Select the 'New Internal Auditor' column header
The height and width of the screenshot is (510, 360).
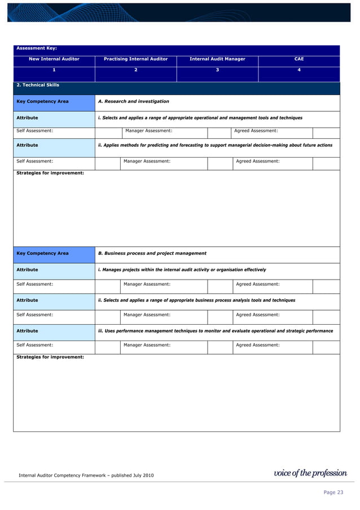[x=54, y=59]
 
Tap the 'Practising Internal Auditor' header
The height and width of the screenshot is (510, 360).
[x=135, y=59]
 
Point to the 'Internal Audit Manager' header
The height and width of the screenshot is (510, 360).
[x=217, y=59]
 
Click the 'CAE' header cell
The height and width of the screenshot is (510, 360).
[x=299, y=59]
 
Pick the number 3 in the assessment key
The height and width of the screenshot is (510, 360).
[x=217, y=70]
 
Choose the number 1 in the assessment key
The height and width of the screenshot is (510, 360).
[x=54, y=70]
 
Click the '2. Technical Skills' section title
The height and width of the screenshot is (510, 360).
[x=38, y=85]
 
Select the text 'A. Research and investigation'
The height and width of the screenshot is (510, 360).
[x=134, y=102]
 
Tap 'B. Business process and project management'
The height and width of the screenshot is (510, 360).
[x=152, y=253]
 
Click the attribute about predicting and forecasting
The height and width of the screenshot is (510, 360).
[x=215, y=145]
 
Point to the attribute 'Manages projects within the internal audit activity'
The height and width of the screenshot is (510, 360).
[x=182, y=270]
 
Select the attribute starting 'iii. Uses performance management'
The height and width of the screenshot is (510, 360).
[x=215, y=331]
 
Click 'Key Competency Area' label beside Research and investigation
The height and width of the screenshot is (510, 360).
[x=43, y=102]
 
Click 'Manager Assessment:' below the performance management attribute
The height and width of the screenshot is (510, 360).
[x=147, y=345]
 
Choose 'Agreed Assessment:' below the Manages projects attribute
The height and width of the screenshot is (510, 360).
[x=257, y=284]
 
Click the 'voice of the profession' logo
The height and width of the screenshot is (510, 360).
[x=310, y=473]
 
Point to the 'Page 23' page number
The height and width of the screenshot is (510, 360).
[x=333, y=493]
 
